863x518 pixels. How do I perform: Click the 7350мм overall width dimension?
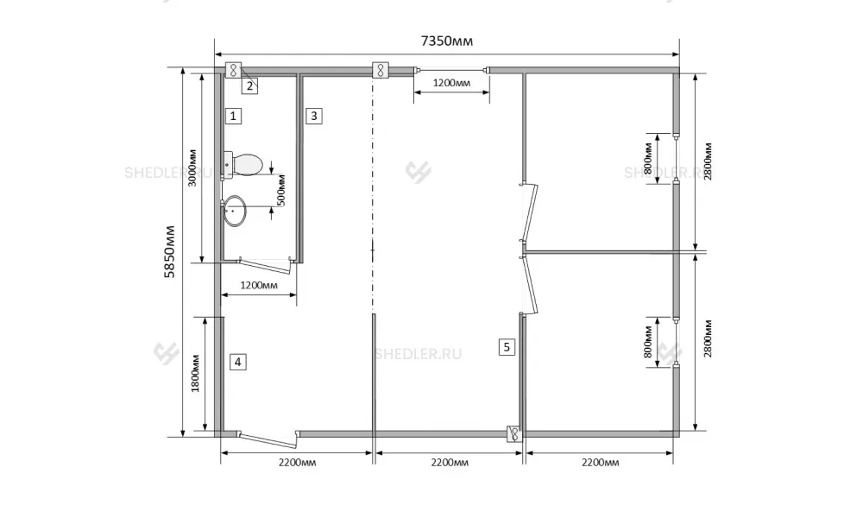446,41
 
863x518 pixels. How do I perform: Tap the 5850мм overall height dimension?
170,251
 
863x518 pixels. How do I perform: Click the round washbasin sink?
235,211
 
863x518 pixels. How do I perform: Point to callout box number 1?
233,117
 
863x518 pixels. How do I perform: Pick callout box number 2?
250,85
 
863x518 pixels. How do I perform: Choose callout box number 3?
314,117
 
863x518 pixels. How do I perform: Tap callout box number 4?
238,362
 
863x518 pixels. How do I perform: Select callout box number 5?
507,347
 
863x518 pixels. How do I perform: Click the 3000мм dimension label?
192,167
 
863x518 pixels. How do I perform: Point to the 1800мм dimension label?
195,373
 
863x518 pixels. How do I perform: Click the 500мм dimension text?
281,190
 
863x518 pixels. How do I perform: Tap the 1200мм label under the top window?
451,83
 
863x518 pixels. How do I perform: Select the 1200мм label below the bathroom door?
259,285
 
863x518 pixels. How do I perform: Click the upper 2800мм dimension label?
708,161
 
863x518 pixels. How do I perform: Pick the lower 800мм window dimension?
648,342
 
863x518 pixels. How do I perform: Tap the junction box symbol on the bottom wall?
514,434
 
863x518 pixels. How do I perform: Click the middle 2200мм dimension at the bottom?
450,463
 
